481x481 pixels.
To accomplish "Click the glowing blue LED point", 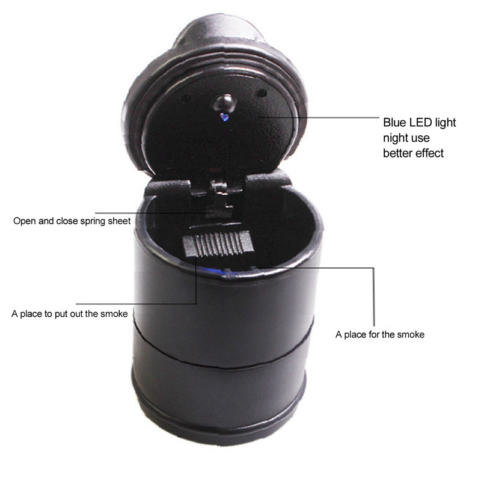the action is (x=224, y=117).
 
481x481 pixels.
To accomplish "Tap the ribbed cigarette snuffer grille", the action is (x=218, y=244).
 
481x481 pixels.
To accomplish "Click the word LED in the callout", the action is (x=420, y=123).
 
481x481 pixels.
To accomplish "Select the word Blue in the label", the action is (x=395, y=123).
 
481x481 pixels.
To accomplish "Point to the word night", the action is (x=397, y=138).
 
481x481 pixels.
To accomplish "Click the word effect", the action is (x=429, y=153).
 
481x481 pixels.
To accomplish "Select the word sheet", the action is (x=119, y=221).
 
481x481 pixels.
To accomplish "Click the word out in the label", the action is (x=77, y=314).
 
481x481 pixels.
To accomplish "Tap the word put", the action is (x=61, y=314).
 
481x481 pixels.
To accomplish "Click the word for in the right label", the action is (x=373, y=334).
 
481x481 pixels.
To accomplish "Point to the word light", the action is (x=445, y=123).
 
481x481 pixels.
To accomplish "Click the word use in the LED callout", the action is (x=421, y=139).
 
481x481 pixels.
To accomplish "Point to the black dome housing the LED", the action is (x=224, y=103).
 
